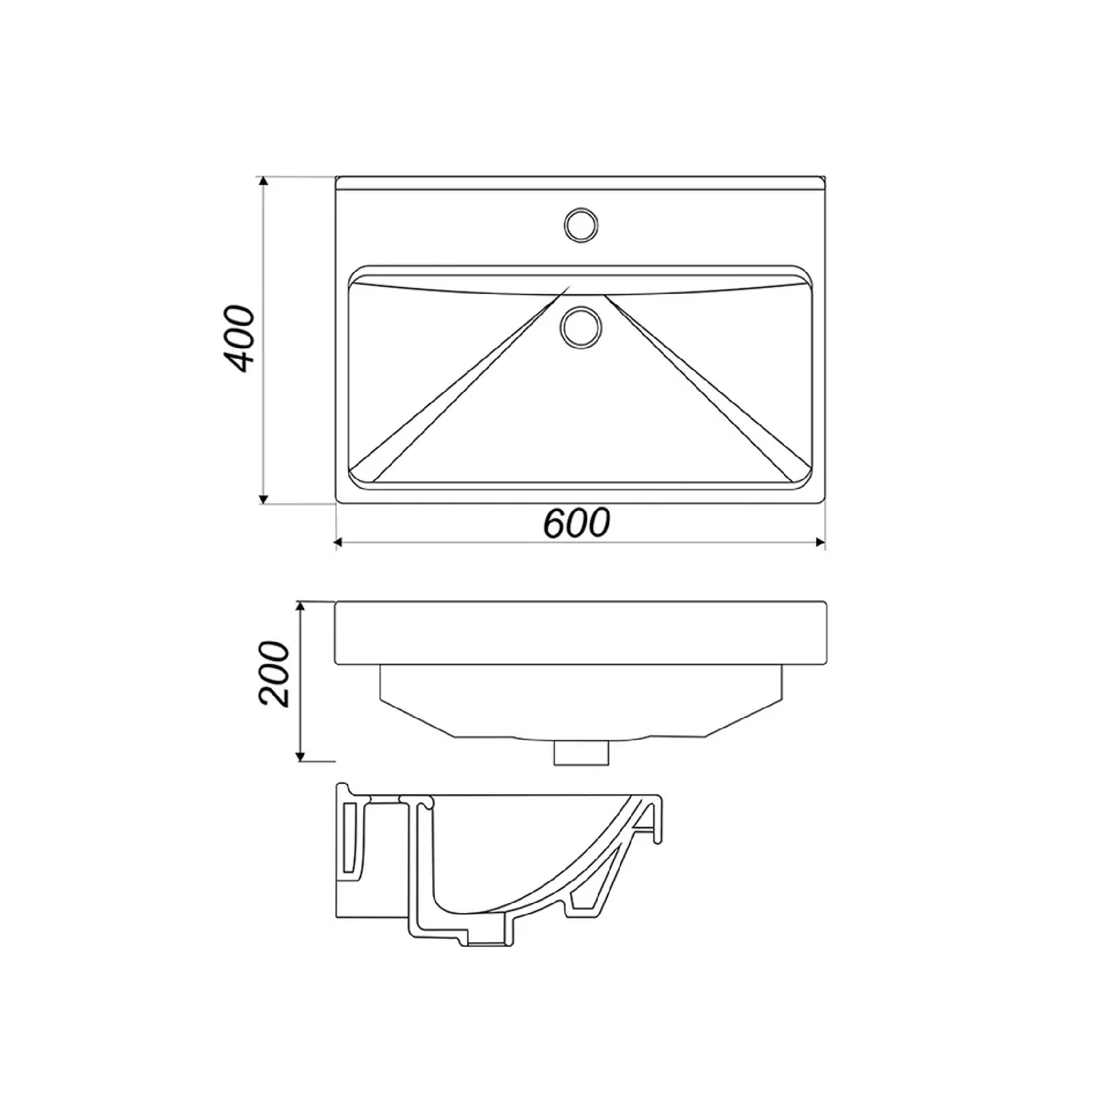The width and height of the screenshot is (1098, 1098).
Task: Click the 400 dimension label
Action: [x=238, y=339]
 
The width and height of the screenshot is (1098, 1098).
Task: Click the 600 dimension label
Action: [x=576, y=523]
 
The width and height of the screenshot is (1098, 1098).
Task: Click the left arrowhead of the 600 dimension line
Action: [x=339, y=543]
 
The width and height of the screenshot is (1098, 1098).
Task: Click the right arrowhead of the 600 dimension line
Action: [x=820, y=543]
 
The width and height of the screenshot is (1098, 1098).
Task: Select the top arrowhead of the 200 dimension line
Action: [x=301, y=606]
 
